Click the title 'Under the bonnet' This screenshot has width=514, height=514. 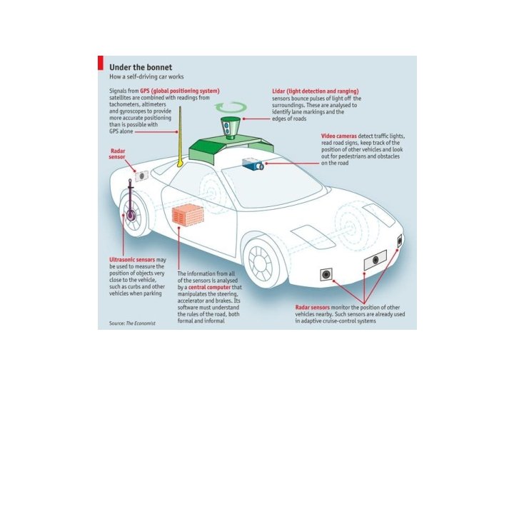coord(140,66)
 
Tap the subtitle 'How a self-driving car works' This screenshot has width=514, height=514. coord(146,76)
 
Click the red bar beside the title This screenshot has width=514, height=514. coord(101,64)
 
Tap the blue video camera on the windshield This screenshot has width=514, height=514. coord(253,164)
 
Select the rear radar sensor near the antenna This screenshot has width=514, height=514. coord(141,175)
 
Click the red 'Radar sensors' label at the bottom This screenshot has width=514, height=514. coord(312,308)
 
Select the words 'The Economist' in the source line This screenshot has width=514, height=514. coord(141,323)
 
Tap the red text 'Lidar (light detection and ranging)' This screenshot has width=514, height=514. coord(315,91)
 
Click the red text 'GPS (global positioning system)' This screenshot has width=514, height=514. coord(179,91)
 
